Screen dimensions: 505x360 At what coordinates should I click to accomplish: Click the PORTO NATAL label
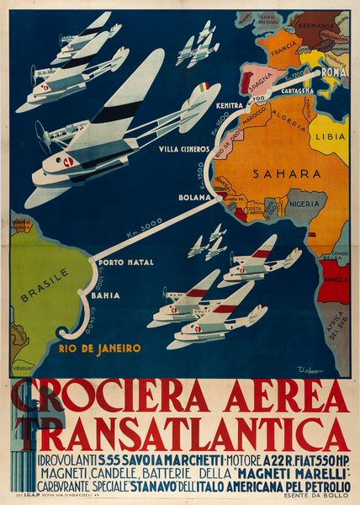click(x=126, y=263)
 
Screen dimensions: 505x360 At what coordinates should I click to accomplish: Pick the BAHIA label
click(x=106, y=295)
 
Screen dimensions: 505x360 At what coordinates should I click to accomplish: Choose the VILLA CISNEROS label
click(x=183, y=150)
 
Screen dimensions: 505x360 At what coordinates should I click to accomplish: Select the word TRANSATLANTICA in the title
click(x=180, y=433)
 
